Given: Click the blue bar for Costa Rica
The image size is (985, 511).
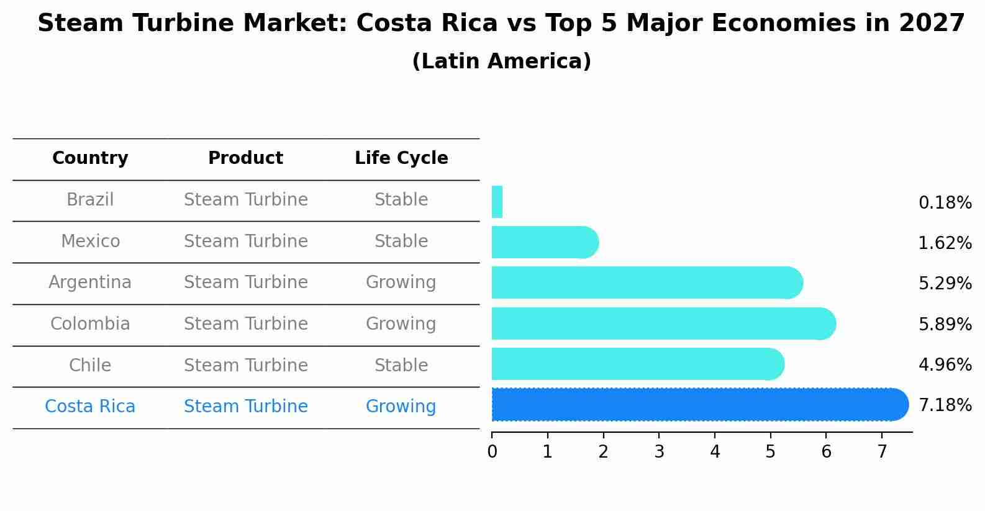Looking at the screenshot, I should pos(696,404).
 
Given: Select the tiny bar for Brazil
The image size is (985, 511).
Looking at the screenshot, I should pos(497,202).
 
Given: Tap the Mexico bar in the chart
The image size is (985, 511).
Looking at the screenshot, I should pos(543,242).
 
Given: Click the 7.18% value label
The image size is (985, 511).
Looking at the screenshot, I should pos(945,405).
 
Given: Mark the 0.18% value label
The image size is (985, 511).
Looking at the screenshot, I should pos(945,203).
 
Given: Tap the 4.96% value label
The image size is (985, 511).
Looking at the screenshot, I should pos(945,364).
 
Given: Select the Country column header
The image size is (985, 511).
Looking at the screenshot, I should pos(90,158).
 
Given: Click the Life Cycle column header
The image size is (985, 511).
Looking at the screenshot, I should pos(401,158).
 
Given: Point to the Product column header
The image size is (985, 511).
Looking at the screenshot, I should pos(245,158).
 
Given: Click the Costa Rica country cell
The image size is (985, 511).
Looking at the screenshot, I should pos(90,407).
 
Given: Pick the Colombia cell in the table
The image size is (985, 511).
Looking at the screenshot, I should pos(90,324).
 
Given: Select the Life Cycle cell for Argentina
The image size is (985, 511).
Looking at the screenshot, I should pos(401,283).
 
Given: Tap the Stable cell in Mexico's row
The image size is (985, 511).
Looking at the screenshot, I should pos(401,242).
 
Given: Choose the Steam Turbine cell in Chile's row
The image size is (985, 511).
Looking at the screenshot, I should pos(246,366).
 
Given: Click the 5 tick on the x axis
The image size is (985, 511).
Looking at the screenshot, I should pos(770,452).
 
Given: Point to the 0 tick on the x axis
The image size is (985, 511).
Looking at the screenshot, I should pos(492,452).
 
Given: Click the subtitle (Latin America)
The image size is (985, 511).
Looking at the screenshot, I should pos(501,61).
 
